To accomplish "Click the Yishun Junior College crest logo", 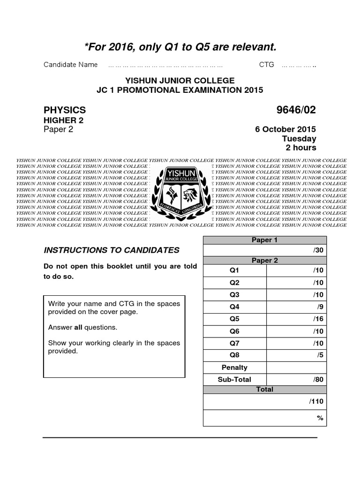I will [x=181, y=192].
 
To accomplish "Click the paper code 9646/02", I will [x=296, y=110].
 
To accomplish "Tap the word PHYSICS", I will [x=65, y=110].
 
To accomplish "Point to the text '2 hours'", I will [x=301, y=148].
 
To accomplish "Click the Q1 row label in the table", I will [x=234, y=270].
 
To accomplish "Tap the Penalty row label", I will [x=234, y=367].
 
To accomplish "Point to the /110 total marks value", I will [x=316, y=401].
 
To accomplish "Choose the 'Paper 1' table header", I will [x=264, y=240].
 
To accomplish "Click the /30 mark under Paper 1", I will [x=318, y=250].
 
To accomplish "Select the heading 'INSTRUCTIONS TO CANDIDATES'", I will [x=112, y=250].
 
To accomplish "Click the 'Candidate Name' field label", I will [x=70, y=65].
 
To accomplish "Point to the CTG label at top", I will [x=266, y=65].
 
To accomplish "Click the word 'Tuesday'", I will [x=299, y=139].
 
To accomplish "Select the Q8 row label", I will [x=234, y=355].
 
